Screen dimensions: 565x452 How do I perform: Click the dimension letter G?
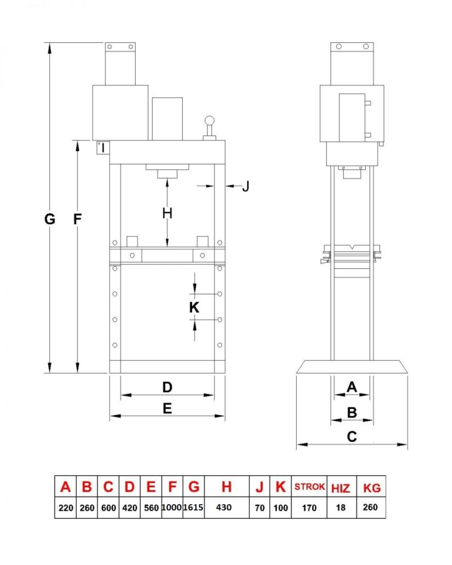50,219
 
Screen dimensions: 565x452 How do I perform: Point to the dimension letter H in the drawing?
167,213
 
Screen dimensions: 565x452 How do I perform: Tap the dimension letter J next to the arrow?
246,187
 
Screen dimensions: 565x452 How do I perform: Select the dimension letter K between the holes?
194,308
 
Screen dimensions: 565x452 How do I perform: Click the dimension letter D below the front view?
167,387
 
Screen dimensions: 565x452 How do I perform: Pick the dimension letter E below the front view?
167,408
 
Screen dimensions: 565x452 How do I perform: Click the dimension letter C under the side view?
352,437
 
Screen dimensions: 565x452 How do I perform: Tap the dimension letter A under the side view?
352,387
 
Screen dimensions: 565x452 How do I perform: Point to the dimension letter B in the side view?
352,411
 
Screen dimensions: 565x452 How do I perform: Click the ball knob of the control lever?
209,121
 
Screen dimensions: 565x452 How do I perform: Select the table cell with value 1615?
193,507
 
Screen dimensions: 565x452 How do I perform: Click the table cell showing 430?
227,507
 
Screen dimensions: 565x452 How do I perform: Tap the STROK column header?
309,487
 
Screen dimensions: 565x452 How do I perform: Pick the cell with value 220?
65,508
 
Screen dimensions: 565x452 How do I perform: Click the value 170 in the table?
309,508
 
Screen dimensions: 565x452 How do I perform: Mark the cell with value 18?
341,508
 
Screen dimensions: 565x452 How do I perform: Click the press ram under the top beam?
167,174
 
